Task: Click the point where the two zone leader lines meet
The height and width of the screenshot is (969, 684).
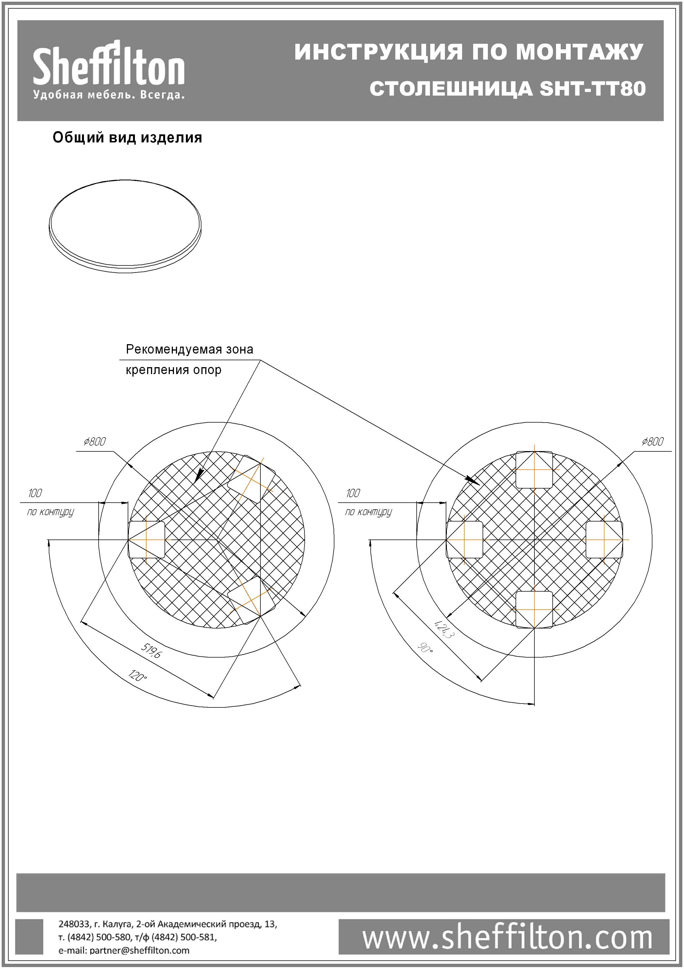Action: (260, 360)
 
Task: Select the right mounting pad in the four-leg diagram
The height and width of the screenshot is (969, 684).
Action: (604, 540)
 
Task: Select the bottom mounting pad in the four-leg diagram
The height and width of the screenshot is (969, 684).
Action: (534, 609)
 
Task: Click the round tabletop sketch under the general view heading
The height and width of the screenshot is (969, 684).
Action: (125, 226)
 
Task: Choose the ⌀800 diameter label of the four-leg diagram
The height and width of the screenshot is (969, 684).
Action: (652, 441)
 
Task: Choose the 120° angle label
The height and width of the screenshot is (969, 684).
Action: (138, 675)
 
